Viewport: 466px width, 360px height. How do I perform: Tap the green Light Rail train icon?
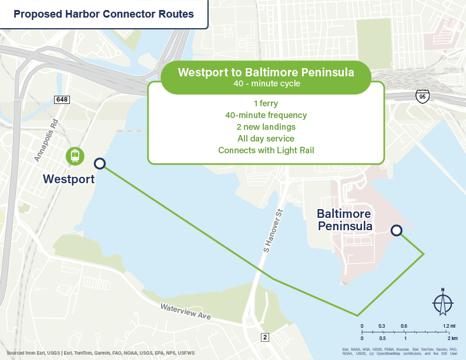tap(75, 156)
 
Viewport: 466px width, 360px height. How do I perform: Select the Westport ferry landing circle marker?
tap(100, 164)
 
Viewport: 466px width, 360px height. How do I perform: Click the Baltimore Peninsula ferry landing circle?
tap(397, 231)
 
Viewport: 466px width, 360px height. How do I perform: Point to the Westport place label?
tap(69, 179)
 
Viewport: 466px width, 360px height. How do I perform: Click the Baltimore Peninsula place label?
tap(345, 220)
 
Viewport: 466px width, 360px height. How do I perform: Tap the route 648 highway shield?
tap(62, 100)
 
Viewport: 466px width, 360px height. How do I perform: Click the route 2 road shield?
tap(265, 337)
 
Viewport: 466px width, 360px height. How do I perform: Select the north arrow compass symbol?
tap(442, 302)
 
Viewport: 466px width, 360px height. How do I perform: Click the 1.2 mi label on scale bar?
tap(449, 325)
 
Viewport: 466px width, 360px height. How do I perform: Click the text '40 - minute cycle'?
tap(266, 83)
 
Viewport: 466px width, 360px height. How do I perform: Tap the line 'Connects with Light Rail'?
tap(266, 150)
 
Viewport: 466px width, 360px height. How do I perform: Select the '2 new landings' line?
tap(266, 127)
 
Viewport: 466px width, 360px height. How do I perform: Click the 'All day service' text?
tap(266, 139)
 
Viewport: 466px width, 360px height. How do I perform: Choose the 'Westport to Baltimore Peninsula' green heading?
tap(266, 73)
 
